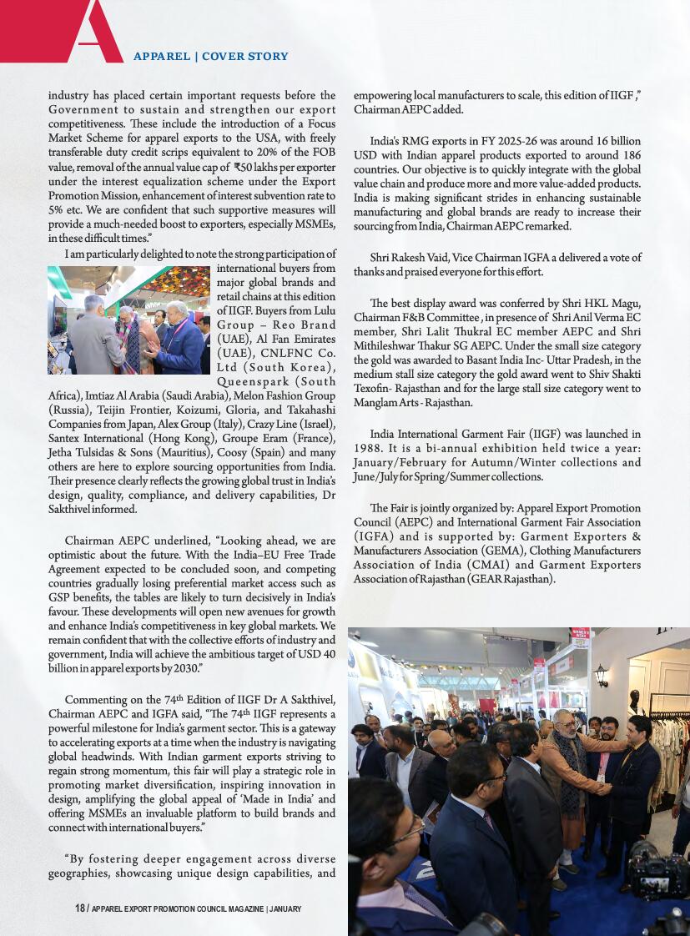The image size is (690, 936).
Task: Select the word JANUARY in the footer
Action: point(286,908)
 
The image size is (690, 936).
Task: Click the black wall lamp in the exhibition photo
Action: point(601,674)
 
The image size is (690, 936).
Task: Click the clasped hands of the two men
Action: point(605,789)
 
